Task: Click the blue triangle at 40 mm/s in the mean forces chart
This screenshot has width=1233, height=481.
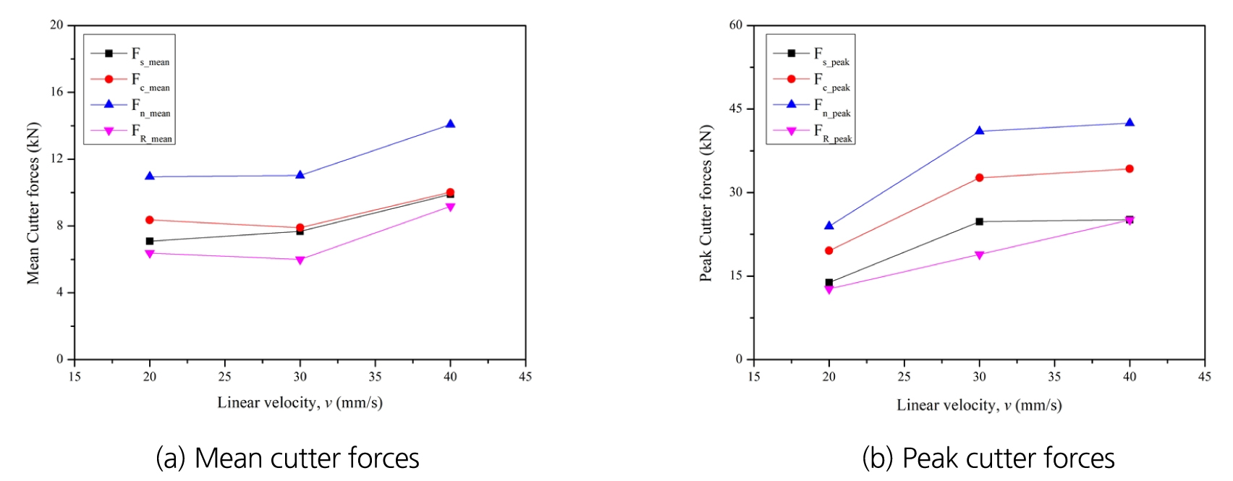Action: [450, 124]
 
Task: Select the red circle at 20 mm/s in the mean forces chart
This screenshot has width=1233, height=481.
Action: [150, 220]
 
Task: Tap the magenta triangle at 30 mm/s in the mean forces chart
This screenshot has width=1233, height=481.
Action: [300, 260]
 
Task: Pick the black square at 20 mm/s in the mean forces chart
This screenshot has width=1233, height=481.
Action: [150, 241]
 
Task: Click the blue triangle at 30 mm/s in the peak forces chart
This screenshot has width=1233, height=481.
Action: [980, 131]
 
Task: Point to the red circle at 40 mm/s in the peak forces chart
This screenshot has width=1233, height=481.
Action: [1130, 169]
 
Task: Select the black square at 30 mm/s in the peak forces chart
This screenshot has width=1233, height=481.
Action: [980, 221]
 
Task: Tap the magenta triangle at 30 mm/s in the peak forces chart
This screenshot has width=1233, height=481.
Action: [980, 255]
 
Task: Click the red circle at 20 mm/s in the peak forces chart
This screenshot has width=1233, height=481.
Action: [829, 251]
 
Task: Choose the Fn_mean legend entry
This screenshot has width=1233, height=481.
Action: [130, 106]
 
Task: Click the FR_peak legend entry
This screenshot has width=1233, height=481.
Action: [813, 132]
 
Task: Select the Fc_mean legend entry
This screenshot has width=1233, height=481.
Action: [130, 81]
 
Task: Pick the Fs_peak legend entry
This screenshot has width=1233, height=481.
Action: [813, 55]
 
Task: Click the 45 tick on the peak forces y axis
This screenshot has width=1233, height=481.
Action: [736, 108]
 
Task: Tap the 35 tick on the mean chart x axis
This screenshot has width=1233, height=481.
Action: [376, 377]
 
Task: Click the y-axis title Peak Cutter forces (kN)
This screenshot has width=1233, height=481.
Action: [706, 203]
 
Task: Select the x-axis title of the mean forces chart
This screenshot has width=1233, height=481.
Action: [300, 403]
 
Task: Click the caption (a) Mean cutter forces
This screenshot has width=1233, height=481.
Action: [287, 459]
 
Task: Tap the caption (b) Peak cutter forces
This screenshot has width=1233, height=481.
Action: [988, 459]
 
